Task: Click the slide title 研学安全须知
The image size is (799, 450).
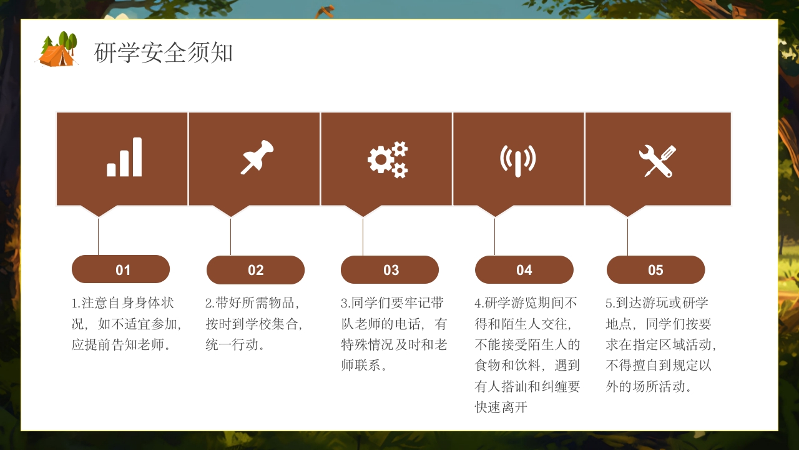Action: click(164, 53)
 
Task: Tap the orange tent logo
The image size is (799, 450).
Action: click(57, 50)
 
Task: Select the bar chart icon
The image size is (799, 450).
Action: click(124, 157)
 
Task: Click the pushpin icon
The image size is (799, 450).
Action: click(257, 157)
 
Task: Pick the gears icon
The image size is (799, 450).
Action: click(388, 159)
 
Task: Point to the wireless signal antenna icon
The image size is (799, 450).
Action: click(517, 160)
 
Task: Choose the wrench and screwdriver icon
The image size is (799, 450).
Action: click(657, 161)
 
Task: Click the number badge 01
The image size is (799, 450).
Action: click(121, 269)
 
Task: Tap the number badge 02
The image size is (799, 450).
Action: click(255, 270)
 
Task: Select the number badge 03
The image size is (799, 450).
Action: click(390, 270)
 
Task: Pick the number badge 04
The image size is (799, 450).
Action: click(524, 270)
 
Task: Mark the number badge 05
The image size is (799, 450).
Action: click(655, 270)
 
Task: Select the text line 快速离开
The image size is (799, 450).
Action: click(501, 407)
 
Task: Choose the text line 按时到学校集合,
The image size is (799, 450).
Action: click(254, 324)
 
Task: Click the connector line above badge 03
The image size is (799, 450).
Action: click(363, 236)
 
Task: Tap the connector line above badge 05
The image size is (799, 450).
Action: click(627, 236)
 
